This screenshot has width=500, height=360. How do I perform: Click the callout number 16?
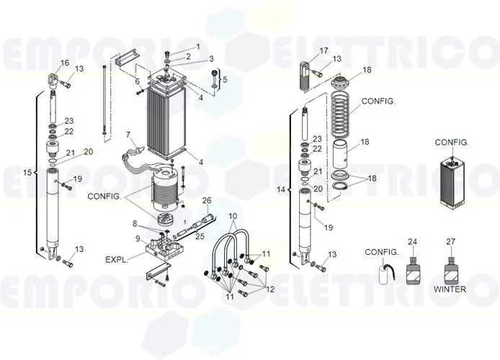(65, 63)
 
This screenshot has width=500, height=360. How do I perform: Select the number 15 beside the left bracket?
(27, 173)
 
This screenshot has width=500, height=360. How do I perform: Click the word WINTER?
(450, 289)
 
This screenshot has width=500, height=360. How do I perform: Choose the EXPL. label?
(116, 258)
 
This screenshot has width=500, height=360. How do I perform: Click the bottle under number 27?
(450, 272)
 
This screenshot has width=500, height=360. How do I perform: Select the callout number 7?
(128, 135)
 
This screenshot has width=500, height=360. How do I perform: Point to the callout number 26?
(206, 199)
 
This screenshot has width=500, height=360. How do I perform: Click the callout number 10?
(233, 216)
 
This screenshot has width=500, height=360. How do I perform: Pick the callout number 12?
(271, 289)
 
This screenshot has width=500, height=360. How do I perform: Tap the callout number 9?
(137, 238)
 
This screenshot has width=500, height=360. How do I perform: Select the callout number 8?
(133, 223)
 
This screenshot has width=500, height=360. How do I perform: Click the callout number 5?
(225, 79)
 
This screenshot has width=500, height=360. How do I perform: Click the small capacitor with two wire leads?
(383, 272)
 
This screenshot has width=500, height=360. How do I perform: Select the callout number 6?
(137, 81)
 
